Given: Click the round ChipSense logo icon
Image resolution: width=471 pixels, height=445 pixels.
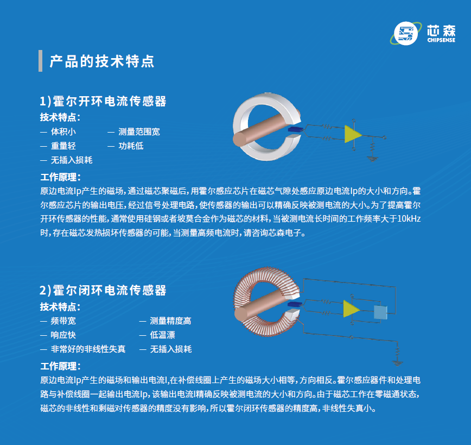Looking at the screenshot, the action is point(406,33).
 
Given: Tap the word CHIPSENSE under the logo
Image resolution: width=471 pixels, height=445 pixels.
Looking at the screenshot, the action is point(441,40).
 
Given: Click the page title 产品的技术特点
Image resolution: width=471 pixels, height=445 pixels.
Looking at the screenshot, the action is point(102,61).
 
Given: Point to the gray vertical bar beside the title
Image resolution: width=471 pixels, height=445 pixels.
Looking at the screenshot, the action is point(41,61).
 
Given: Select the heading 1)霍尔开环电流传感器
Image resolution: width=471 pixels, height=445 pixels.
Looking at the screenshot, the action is point(103,101).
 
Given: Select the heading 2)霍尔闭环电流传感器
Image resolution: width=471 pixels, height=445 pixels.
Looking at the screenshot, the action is point(103,290).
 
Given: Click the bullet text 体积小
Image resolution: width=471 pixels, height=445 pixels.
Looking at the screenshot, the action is point(63,131).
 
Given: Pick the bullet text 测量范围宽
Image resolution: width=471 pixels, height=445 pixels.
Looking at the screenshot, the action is point(139,131).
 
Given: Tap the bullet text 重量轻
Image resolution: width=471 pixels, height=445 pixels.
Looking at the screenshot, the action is point(63,146).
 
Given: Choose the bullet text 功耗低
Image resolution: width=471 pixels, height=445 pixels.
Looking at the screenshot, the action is point(131,146).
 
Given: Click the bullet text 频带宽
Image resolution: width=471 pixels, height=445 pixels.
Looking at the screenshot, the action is point(63,321).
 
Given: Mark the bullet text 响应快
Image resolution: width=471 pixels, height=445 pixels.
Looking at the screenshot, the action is point(63,335).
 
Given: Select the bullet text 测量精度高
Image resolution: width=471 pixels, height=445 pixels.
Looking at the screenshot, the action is point(170,321).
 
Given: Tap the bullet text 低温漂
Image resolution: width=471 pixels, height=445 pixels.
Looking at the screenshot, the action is point(162,335).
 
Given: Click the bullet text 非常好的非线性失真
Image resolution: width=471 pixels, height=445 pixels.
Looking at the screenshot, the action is point(88,349).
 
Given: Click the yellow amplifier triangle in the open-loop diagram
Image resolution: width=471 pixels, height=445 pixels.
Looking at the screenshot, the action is point(352,134).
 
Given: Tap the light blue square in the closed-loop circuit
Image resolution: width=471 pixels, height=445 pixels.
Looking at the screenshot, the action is point(380,312).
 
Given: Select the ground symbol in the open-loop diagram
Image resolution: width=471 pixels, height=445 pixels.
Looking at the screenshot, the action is point(372,158).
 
